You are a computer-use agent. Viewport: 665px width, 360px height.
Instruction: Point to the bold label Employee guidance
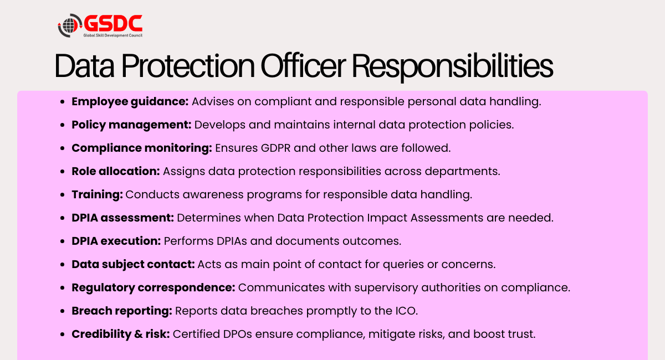tap(131, 101)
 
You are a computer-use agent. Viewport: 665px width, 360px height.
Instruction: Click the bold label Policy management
tap(131, 125)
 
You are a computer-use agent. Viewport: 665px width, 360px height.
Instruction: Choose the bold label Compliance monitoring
tap(142, 148)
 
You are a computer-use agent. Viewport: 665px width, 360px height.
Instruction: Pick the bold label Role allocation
tap(116, 171)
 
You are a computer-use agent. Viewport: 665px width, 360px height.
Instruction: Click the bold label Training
tap(98, 194)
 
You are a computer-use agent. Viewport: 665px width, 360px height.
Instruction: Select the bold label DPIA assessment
tap(123, 218)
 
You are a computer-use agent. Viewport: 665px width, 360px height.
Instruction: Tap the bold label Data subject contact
tap(133, 264)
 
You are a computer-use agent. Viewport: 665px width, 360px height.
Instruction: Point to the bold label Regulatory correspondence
tap(154, 287)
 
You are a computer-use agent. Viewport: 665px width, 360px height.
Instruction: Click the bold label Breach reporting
tap(122, 311)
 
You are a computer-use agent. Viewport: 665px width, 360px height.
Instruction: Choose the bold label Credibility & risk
tap(120, 334)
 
